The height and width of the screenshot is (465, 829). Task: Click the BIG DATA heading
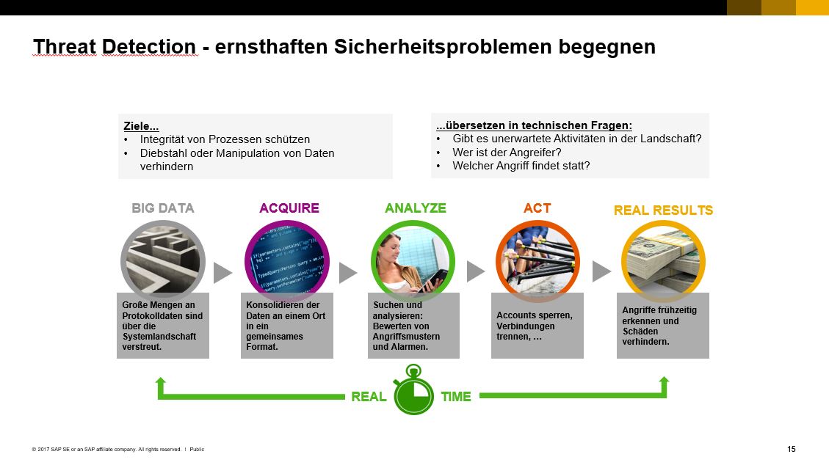pyautogui.click(x=163, y=208)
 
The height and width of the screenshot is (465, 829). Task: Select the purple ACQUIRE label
pyautogui.click(x=289, y=208)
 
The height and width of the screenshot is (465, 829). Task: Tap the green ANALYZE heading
pyautogui.click(x=416, y=208)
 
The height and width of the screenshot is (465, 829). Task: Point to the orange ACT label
pyautogui.click(x=537, y=208)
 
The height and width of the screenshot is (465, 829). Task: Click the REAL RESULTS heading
pyautogui.click(x=663, y=210)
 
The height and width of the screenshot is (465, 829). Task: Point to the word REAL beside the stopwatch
pyautogui.click(x=369, y=396)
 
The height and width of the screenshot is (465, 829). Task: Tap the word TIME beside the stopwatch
pyautogui.click(x=456, y=396)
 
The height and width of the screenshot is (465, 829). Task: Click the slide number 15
pyautogui.click(x=791, y=449)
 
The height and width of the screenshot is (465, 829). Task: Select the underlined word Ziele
pyautogui.click(x=141, y=126)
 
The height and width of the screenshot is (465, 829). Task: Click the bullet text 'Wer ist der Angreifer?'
pyautogui.click(x=507, y=153)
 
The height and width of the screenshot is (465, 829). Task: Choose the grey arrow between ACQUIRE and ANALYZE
pyautogui.click(x=348, y=272)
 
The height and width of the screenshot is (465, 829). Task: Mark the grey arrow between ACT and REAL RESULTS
pyautogui.click(x=601, y=271)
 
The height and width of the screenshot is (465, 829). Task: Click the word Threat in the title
pyautogui.click(x=65, y=46)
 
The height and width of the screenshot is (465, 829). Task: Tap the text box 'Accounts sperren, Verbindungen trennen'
pyautogui.click(x=537, y=326)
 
